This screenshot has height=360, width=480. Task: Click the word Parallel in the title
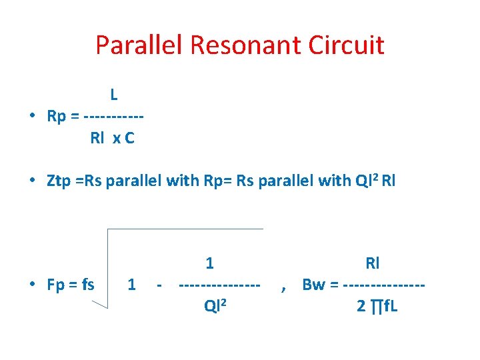pyautogui.click(x=139, y=45)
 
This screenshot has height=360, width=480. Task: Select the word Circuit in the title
pyautogui.click(x=341, y=45)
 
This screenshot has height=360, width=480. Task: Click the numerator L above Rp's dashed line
pyautogui.click(x=115, y=95)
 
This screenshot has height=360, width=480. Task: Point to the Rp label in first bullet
pyautogui.click(x=57, y=117)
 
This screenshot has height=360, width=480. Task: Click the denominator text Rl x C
pyautogui.click(x=112, y=139)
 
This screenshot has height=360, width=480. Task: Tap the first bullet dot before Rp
pyautogui.click(x=33, y=117)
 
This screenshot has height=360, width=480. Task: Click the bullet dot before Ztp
pyautogui.click(x=33, y=180)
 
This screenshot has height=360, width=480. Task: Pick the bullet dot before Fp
pyautogui.click(x=33, y=285)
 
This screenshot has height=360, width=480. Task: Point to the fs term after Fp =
pyautogui.click(x=87, y=285)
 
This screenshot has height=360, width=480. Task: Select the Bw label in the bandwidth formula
pyautogui.click(x=313, y=285)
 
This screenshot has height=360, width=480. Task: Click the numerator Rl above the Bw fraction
pyautogui.click(x=373, y=263)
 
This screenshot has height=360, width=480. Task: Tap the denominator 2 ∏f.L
pyautogui.click(x=377, y=307)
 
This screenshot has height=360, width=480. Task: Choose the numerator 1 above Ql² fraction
pyautogui.click(x=210, y=263)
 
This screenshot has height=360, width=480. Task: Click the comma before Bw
pyautogui.click(x=284, y=288)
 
